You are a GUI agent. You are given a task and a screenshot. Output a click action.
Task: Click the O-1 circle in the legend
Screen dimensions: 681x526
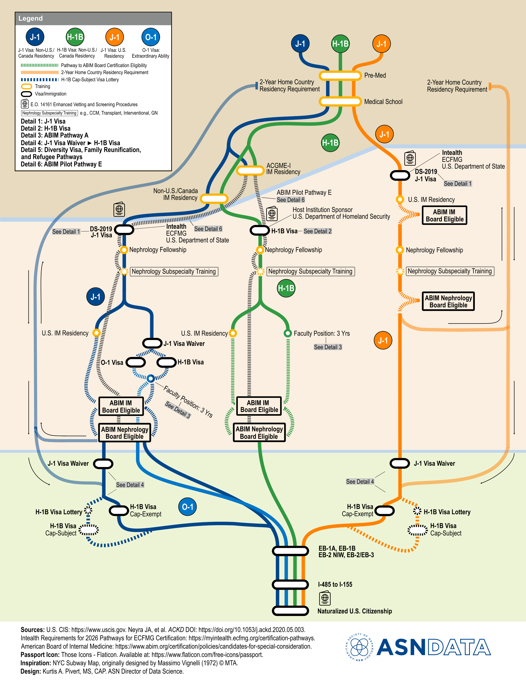point(151,37)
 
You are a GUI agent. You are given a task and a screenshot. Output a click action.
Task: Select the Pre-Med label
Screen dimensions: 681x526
point(375,76)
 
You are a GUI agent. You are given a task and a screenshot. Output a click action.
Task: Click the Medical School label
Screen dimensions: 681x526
point(383,102)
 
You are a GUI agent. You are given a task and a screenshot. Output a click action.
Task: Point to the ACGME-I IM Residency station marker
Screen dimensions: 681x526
point(250,171)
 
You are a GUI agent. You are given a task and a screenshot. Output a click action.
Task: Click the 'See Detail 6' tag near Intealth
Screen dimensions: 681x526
point(208,229)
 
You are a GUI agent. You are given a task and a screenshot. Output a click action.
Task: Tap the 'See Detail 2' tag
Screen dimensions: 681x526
point(317,231)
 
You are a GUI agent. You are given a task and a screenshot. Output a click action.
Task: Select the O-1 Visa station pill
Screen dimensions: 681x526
point(136,362)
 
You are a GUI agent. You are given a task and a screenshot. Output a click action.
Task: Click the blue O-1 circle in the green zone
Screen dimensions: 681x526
point(187,507)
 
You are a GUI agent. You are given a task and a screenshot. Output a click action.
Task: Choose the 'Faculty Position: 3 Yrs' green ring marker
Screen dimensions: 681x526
point(288,333)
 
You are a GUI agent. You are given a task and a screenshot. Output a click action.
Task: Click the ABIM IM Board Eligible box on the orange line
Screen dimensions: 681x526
point(444,215)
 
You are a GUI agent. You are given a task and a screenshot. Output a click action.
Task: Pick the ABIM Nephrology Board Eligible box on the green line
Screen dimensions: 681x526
point(259,433)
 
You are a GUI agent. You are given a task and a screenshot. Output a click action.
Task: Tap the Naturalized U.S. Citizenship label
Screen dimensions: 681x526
point(354,611)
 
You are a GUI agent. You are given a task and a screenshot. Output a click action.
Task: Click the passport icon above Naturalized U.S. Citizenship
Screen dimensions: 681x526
point(325,598)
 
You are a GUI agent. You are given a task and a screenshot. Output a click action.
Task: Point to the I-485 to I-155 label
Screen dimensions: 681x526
point(335,585)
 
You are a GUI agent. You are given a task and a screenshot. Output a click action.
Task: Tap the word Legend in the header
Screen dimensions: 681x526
point(31,18)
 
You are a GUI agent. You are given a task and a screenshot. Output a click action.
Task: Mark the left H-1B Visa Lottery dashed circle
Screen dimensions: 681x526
point(88,510)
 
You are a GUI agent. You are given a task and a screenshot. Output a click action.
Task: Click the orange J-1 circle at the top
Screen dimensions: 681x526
point(381,44)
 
